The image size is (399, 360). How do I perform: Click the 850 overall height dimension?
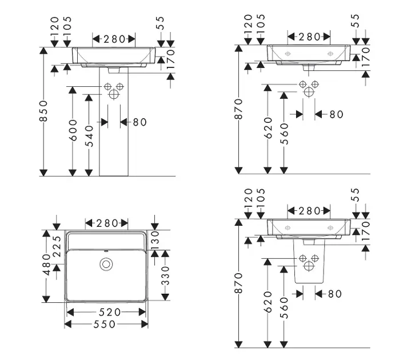(44, 111)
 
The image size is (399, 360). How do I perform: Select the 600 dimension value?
(73, 130)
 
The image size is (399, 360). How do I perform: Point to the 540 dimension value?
(89, 136)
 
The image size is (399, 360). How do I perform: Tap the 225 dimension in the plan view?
(57, 246)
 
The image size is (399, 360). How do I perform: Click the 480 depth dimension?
(46, 265)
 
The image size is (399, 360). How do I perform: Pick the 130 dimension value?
(155, 240)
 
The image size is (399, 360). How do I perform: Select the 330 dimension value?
(165, 276)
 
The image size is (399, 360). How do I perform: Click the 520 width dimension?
(110, 312)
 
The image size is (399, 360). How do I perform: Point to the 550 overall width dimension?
(105, 325)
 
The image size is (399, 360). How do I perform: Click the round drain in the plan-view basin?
(106, 264)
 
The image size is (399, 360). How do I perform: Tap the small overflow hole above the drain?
(106, 251)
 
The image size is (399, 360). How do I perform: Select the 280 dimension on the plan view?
(107, 223)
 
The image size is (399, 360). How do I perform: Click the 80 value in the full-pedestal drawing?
(140, 122)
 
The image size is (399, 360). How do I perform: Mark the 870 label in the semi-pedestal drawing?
(239, 283)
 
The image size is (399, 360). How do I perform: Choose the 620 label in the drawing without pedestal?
(268, 128)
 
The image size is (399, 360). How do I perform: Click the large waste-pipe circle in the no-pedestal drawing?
(309, 92)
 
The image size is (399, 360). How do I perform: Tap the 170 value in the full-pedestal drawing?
(170, 59)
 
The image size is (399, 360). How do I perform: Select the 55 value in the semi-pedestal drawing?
(356, 195)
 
